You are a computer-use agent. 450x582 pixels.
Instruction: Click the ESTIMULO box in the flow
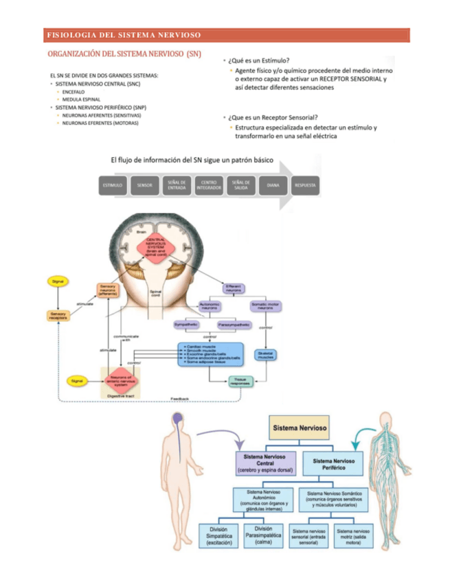coord(113,185)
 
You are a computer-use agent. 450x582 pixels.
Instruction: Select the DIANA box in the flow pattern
coord(273,185)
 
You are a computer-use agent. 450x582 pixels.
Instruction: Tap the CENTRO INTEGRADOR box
coord(208,185)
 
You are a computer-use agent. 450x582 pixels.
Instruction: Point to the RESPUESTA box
coord(305,185)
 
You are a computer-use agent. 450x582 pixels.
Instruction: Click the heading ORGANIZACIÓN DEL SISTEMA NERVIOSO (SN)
coord(124,54)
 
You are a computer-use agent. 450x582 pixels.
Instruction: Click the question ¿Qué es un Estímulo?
coord(258,60)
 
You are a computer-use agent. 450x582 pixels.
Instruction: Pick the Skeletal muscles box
coord(265,355)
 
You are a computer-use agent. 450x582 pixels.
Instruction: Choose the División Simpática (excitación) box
coord(219,536)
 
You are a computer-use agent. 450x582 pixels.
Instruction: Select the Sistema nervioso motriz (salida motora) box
coord(352,536)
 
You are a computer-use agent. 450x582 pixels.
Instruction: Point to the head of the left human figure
coord(178,420)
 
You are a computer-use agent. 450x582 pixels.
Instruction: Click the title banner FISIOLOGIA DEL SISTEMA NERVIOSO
coord(124,34)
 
